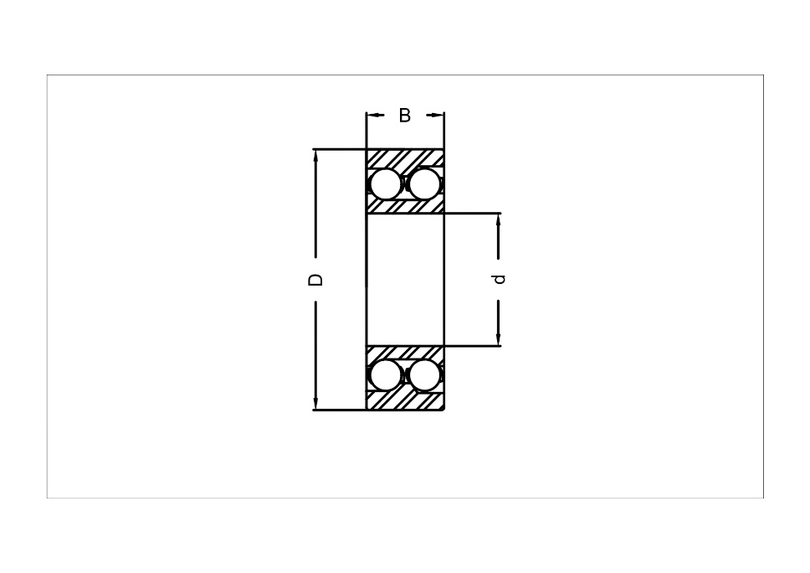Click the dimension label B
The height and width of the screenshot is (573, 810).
405,116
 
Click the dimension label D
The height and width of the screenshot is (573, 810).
315,279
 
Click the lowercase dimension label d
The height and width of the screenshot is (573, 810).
500,279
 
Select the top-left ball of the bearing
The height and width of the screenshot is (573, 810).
386,183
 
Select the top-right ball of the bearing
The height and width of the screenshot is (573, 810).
424,183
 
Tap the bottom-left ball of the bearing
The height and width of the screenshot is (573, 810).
386,375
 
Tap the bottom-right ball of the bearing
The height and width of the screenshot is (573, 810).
424,375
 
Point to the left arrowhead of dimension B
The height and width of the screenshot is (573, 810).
372,116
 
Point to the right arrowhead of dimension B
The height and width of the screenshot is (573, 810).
439,116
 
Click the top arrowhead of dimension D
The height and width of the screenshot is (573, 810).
315,155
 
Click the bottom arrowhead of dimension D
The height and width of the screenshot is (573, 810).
315,404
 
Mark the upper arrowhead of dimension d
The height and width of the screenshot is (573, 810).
499,219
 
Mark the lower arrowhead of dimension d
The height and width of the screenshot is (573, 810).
499,339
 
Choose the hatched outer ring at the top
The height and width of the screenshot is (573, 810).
405,157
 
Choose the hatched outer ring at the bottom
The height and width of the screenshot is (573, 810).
405,401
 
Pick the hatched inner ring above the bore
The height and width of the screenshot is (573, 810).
405,206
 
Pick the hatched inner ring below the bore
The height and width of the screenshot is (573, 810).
405,352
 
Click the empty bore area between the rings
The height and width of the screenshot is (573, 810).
405,279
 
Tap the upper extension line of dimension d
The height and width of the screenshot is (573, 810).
473,213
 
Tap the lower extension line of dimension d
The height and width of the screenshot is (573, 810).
473,345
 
